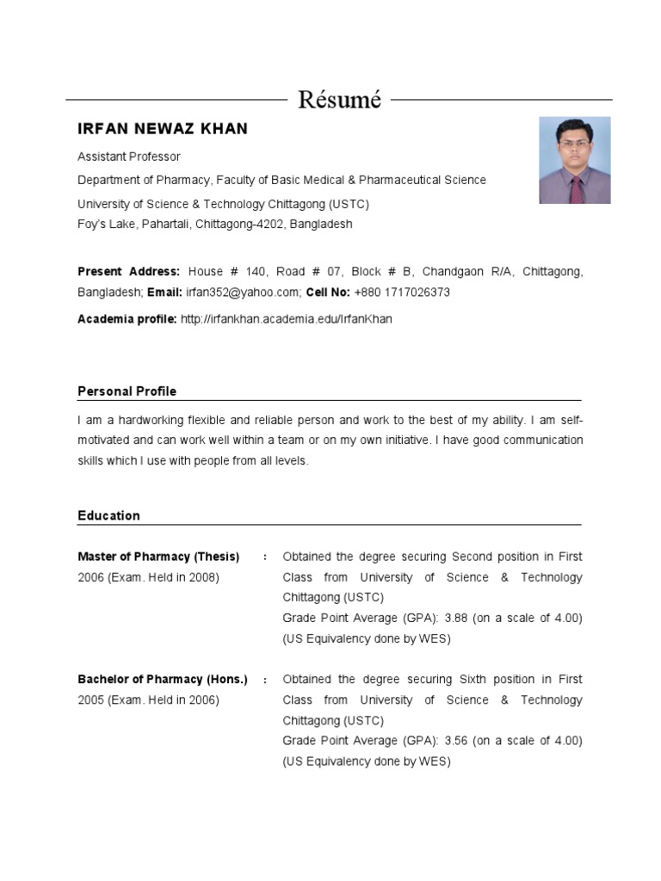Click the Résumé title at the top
(x=339, y=100)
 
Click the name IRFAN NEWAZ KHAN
(x=163, y=129)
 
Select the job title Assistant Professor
(x=129, y=157)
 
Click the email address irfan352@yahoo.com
(x=243, y=293)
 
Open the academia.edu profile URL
(x=286, y=319)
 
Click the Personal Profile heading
(x=127, y=391)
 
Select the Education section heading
(x=108, y=516)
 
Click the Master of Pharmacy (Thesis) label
(x=158, y=557)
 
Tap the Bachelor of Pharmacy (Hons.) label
(x=163, y=680)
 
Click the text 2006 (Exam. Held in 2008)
(x=148, y=577)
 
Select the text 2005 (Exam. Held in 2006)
(x=148, y=700)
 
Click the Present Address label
(x=129, y=272)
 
